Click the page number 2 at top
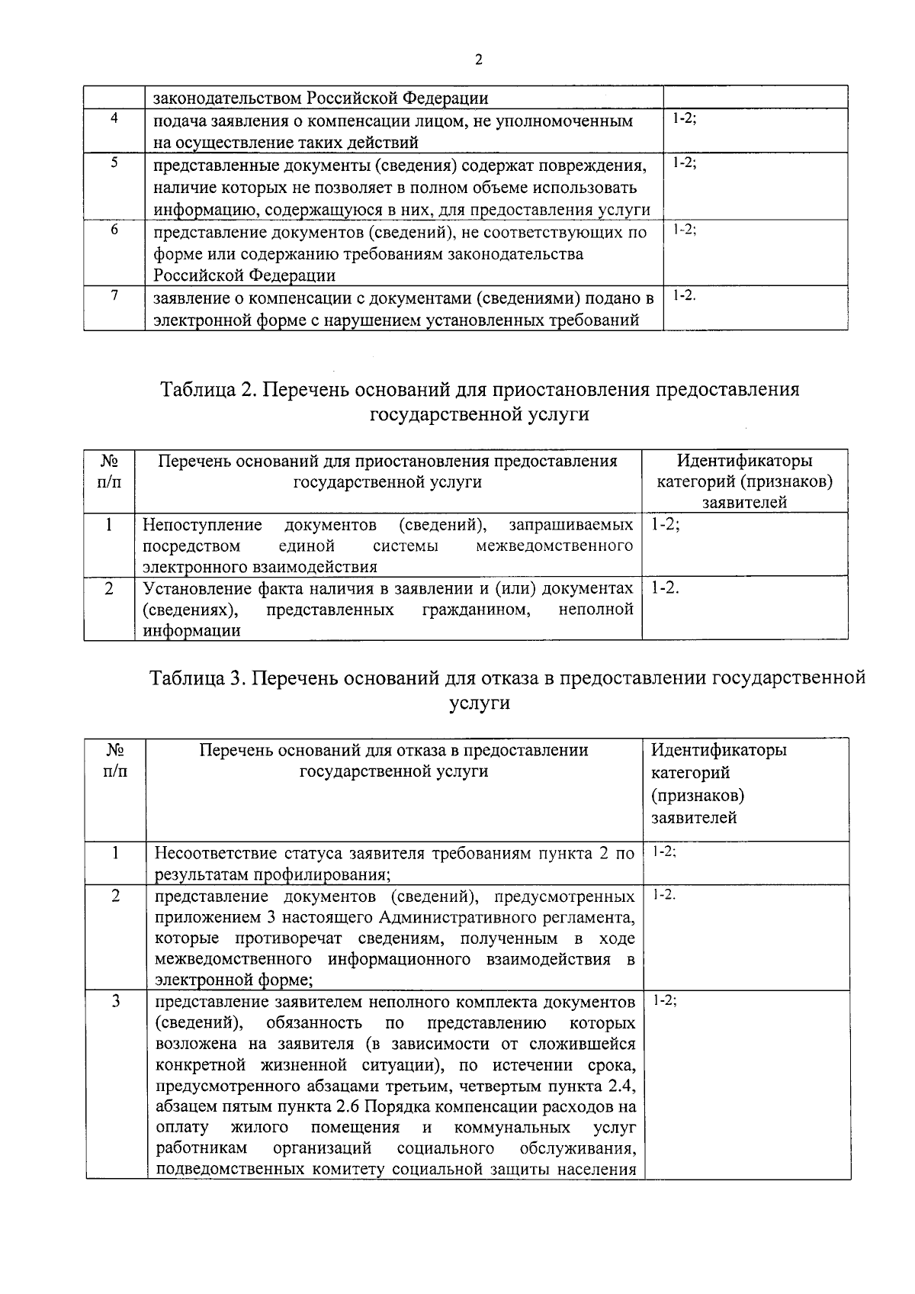tap(478, 60)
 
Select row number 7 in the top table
tap(114, 297)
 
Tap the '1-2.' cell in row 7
tap(684, 295)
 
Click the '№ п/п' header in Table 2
tap(109, 472)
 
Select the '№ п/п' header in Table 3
tap(115, 761)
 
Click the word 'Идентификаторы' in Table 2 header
tap(744, 461)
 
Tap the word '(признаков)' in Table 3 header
tap(698, 795)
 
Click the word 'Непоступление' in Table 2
tap(202, 525)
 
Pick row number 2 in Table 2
tap(109, 588)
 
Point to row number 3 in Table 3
tap(115, 1001)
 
